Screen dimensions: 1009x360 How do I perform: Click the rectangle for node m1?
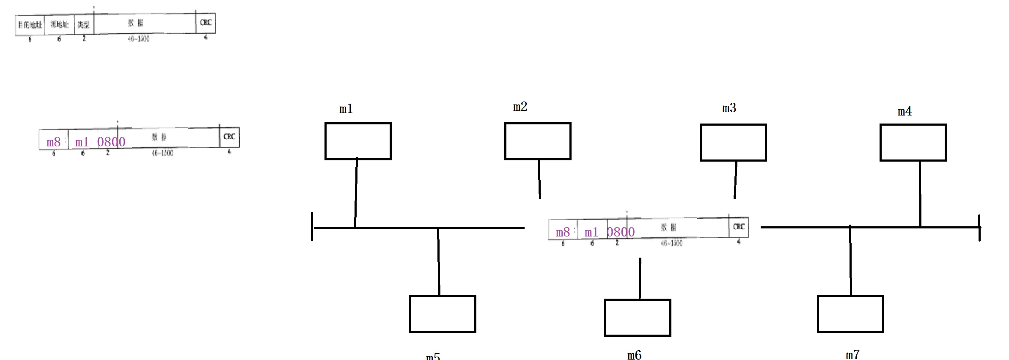click(x=358, y=141)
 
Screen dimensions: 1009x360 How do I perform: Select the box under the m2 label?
click(x=538, y=141)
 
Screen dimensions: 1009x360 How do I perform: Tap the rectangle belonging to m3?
click(x=733, y=143)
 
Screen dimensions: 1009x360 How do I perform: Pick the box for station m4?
click(x=913, y=143)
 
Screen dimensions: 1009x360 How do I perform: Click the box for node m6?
click(x=638, y=318)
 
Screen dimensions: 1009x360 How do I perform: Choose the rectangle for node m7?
click(x=850, y=314)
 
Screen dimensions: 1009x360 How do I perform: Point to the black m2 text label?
click(x=520, y=107)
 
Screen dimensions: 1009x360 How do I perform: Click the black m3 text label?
click(x=729, y=108)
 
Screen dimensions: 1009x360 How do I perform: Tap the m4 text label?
click(x=905, y=111)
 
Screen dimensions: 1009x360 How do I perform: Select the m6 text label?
click(x=634, y=355)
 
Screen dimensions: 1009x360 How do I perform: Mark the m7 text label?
click(x=852, y=355)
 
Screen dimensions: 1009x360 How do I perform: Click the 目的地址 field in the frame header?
click(x=30, y=25)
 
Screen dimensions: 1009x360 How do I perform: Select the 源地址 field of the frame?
click(x=59, y=24)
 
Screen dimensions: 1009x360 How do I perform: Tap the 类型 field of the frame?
click(x=83, y=25)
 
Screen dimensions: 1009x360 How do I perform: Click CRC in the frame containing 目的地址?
click(x=206, y=22)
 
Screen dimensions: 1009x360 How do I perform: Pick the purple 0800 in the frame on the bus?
click(x=621, y=232)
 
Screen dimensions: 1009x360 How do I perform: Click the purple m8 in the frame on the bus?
click(x=563, y=232)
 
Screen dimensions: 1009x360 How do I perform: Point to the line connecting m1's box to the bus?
click(x=356, y=193)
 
